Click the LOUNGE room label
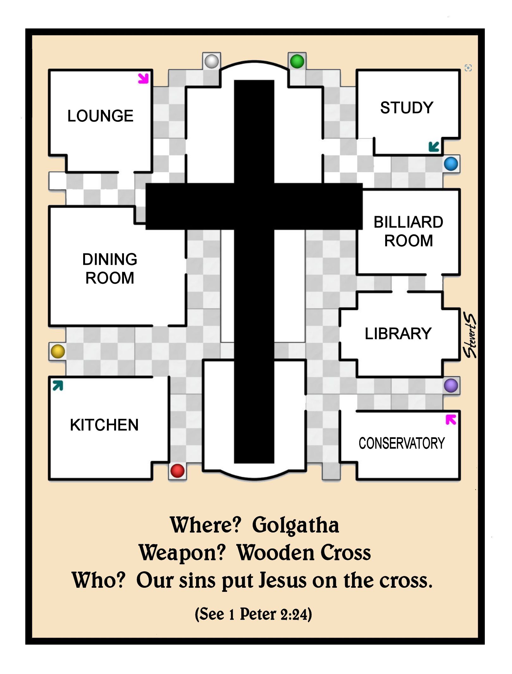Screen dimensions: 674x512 (100, 116)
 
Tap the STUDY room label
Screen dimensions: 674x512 (406, 108)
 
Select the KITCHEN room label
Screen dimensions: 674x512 (104, 425)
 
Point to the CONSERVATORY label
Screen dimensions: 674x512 (401, 443)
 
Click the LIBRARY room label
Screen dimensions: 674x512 (398, 334)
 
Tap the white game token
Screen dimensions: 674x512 (212, 61)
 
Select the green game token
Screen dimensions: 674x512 (297, 61)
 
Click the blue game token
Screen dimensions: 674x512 (451, 164)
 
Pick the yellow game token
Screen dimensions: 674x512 (58, 351)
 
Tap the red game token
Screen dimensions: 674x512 (177, 471)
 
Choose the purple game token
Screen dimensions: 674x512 (451, 386)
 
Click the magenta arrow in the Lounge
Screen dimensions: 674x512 (143, 78)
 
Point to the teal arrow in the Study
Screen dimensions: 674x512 (434, 147)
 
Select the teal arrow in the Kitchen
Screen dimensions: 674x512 (58, 386)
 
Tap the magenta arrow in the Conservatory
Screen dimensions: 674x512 (451, 420)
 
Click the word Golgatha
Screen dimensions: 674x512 (295, 525)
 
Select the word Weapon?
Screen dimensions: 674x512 (182, 553)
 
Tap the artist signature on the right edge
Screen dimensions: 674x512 (470, 336)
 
